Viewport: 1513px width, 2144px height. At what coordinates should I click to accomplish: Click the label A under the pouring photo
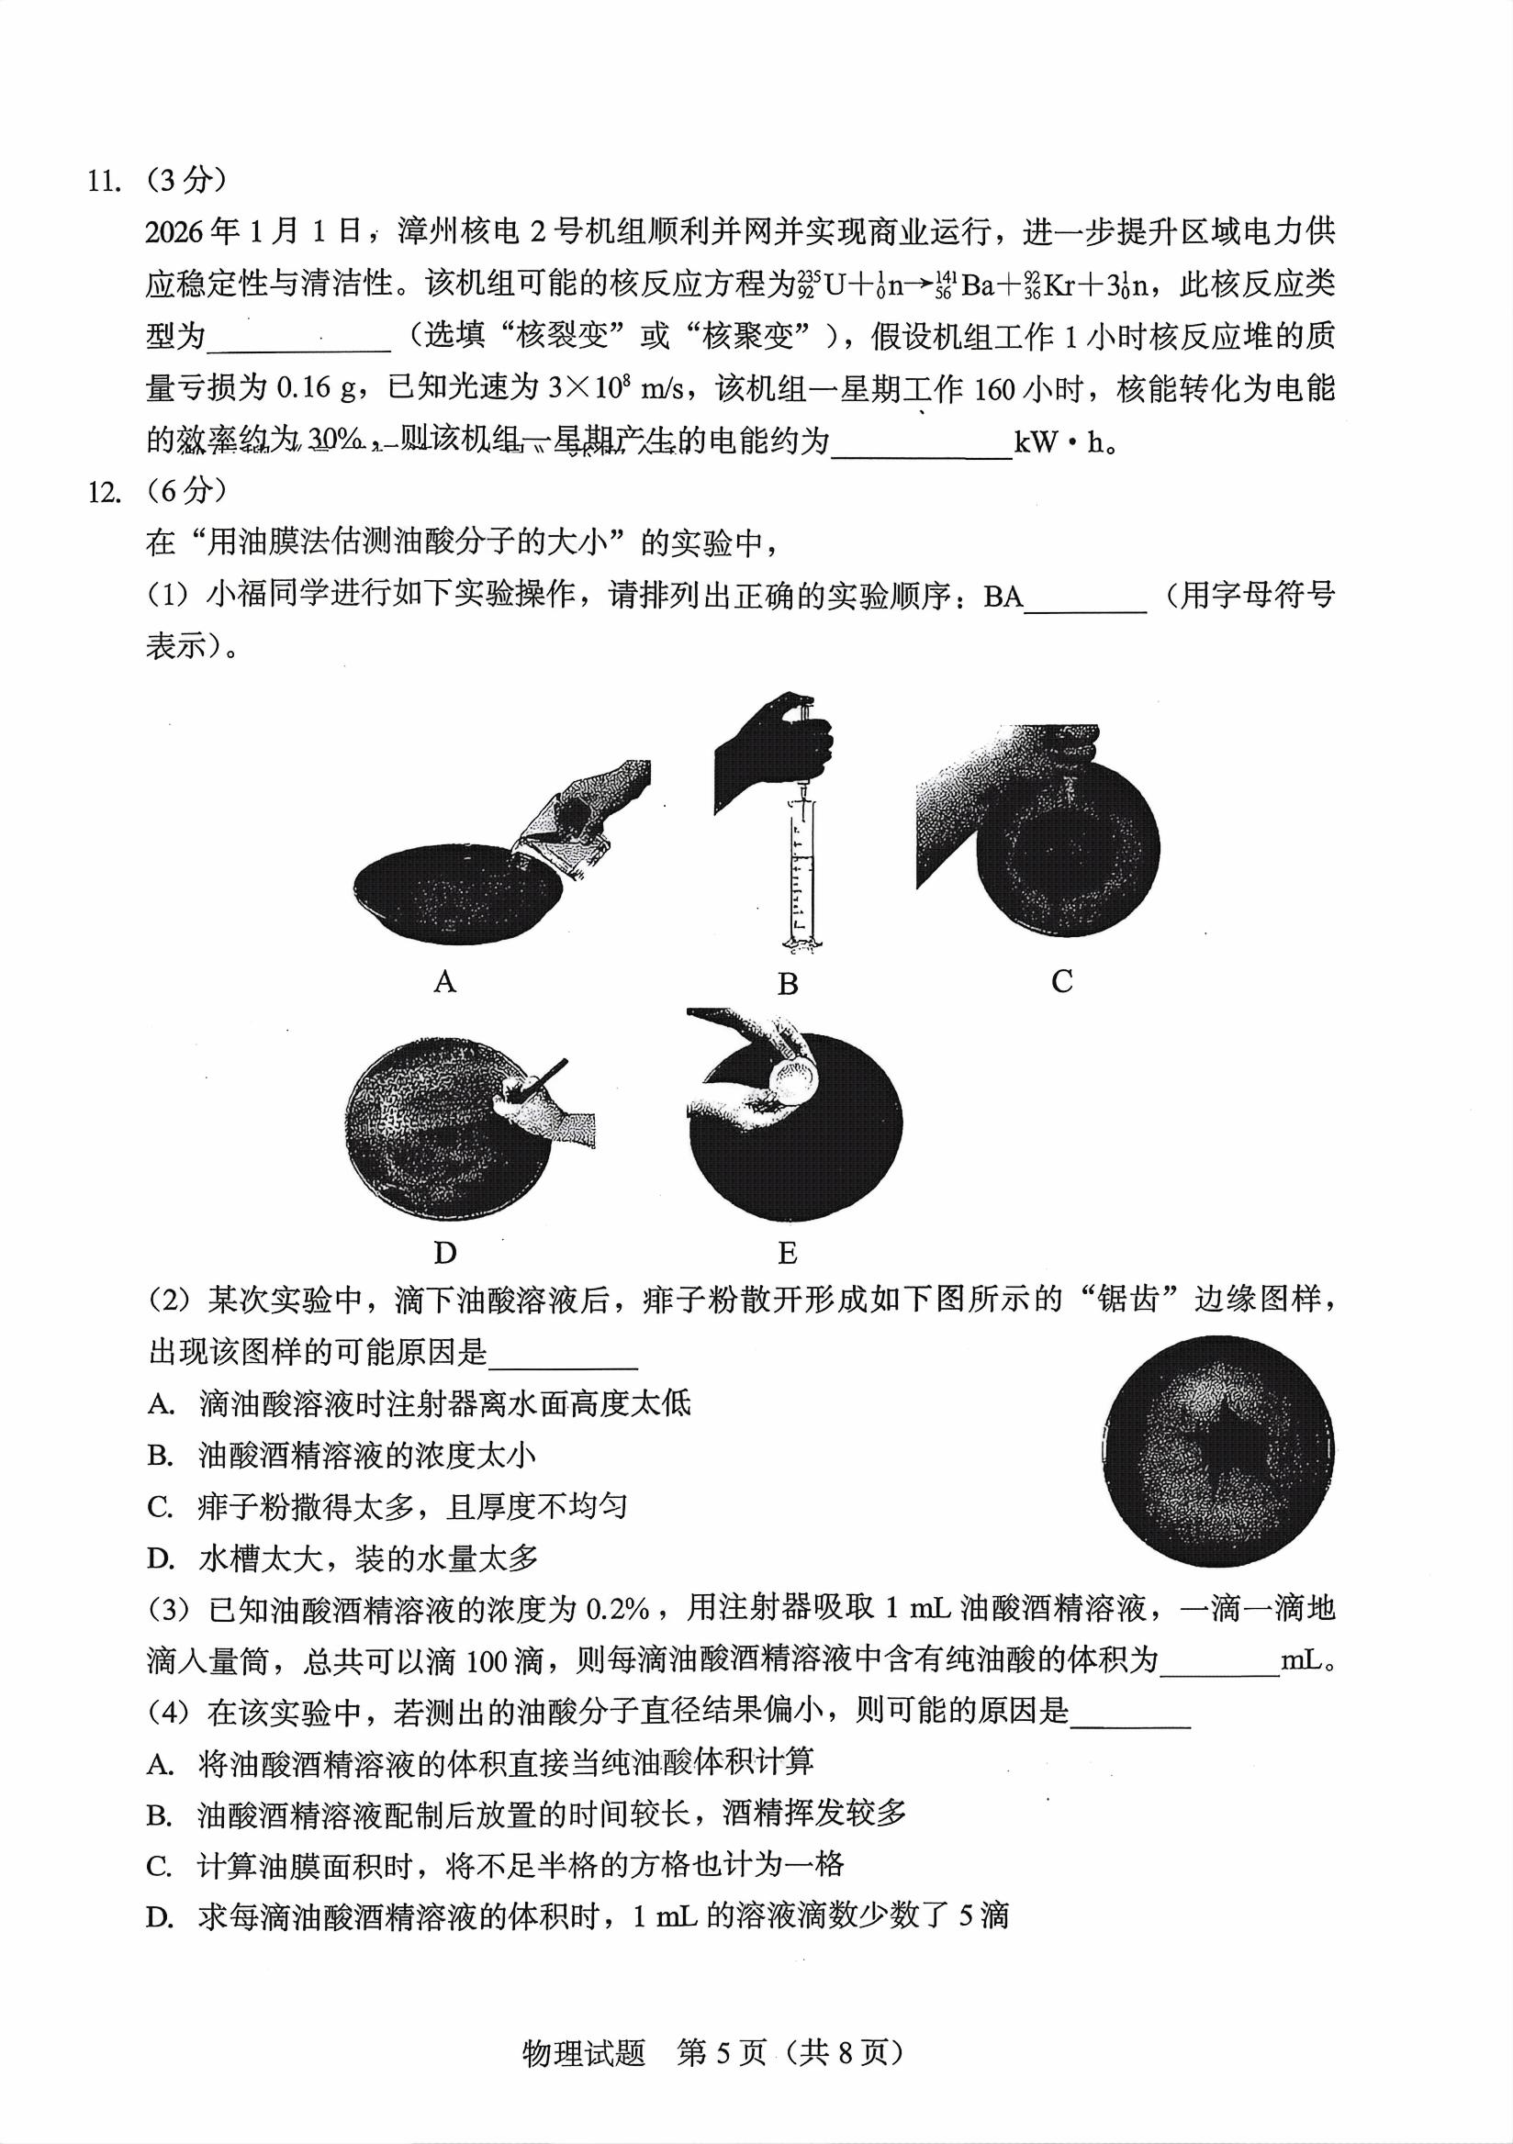[x=444, y=981]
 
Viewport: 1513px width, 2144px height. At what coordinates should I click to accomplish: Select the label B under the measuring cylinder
[x=788, y=984]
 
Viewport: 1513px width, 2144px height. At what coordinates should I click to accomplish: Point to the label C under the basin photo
[x=1062, y=981]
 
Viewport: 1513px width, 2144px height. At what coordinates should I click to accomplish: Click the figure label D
[x=444, y=1252]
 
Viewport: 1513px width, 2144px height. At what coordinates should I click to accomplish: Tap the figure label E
[x=788, y=1252]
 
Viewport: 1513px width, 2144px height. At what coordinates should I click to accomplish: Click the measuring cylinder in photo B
[x=800, y=877]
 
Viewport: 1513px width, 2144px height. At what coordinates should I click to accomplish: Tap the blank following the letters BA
[x=1085, y=597]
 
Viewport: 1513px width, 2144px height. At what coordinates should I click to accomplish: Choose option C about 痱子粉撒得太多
[x=387, y=1507]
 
